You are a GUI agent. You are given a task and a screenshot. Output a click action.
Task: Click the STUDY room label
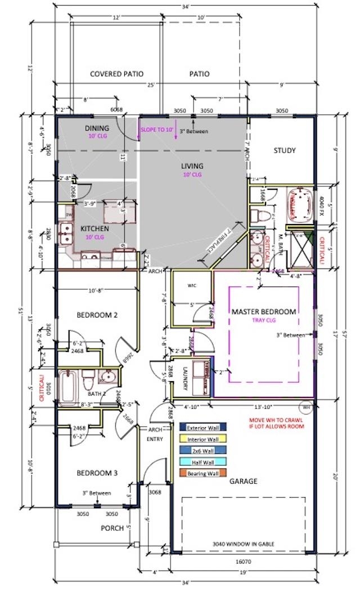[x=285, y=150]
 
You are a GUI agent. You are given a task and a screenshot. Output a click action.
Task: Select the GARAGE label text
[x=243, y=481]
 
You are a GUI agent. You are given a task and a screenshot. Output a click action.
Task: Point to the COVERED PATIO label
[x=116, y=74]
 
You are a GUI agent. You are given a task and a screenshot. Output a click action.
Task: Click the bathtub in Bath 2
[x=67, y=387]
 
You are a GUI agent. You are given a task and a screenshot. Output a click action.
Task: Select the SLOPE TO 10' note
[x=156, y=130]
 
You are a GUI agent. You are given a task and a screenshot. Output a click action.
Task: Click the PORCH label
[x=112, y=528]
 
